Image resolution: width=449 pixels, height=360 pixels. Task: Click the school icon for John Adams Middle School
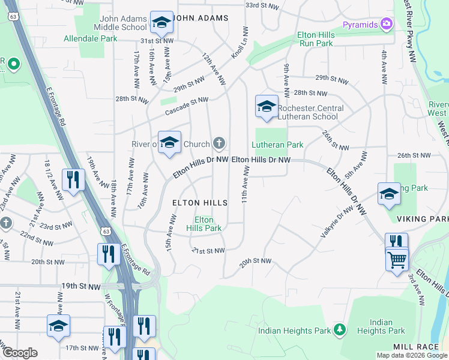point(161,22)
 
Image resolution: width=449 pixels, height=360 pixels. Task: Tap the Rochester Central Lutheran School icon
point(267,106)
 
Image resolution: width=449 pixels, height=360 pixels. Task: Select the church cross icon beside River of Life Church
point(220,143)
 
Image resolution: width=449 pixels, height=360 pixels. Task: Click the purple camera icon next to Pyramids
point(387,25)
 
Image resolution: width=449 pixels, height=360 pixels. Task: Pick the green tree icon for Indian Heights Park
point(340,330)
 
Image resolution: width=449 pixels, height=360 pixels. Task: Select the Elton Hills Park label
point(203,224)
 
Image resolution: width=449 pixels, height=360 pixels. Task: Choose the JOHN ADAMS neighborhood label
point(201,18)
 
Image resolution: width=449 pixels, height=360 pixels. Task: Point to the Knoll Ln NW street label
point(239,43)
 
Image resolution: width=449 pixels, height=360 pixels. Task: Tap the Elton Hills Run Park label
point(315,40)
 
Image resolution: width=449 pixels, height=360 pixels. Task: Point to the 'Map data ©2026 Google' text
point(411,355)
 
